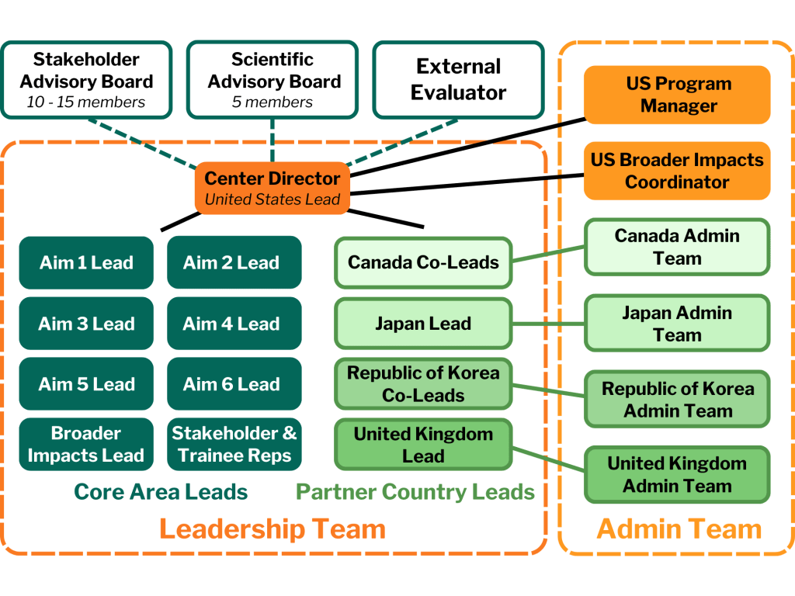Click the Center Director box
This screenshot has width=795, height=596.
[x=272, y=188]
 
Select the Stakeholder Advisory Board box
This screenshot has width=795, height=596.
[x=86, y=80]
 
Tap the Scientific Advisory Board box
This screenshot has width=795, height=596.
[x=273, y=80]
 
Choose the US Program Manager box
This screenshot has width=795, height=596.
[x=678, y=95]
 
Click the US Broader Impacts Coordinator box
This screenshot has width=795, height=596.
[x=678, y=171]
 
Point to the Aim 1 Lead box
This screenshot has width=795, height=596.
[x=86, y=262]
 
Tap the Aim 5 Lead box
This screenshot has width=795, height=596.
[x=86, y=384]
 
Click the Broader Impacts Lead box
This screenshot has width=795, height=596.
[x=86, y=445]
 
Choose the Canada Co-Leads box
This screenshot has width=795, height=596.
[x=423, y=262]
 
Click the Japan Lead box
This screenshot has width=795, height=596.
[x=423, y=324]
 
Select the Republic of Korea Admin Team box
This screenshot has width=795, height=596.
[x=678, y=400]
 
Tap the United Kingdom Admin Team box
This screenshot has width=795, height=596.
[x=678, y=475]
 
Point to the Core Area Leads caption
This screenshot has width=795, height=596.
[x=161, y=491]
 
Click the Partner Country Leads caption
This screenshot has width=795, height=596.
[x=415, y=491]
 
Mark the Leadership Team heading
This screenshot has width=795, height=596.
[x=272, y=529]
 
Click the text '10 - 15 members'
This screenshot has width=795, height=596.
[x=86, y=102]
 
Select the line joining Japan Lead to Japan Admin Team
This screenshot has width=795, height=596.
[x=548, y=324]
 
